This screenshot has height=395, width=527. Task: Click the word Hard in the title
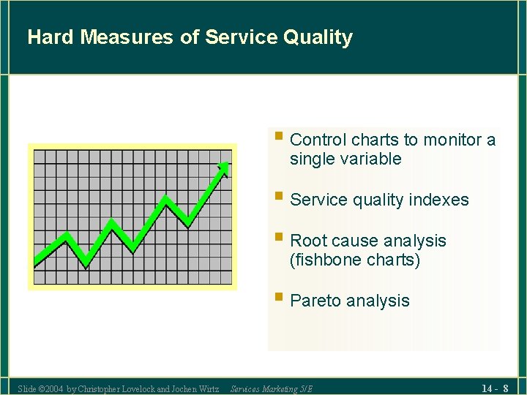(x=51, y=37)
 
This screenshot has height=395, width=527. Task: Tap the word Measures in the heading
(x=127, y=37)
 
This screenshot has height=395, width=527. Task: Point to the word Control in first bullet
(x=318, y=140)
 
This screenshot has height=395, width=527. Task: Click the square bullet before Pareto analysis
(x=278, y=298)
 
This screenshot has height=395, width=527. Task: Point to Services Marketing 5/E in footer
(x=271, y=389)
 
